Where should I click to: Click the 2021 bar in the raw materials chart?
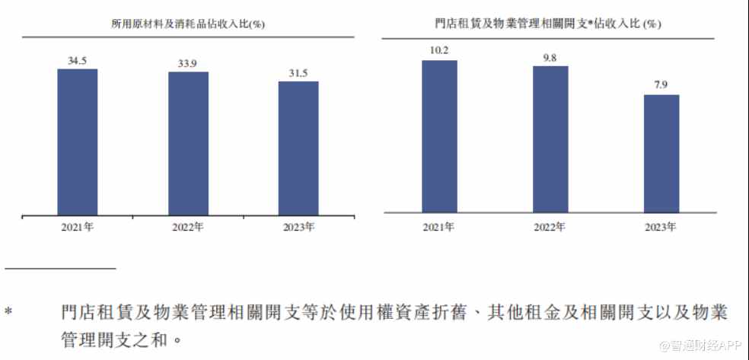click(x=77, y=142)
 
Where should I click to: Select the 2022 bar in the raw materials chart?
click(x=188, y=143)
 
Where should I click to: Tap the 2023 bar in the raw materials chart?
click(x=298, y=148)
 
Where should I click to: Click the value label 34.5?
click(x=77, y=59)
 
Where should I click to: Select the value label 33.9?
click(x=188, y=63)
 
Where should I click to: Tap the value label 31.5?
click(x=298, y=72)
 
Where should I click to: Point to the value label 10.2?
click(x=439, y=51)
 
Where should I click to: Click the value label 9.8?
click(x=550, y=57)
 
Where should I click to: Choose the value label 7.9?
click(x=661, y=85)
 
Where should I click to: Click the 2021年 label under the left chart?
click(x=77, y=227)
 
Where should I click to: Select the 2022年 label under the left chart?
click(x=188, y=227)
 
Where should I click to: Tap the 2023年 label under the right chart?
click(x=661, y=227)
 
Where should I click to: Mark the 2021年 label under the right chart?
click(x=439, y=227)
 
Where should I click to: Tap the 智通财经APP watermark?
click(x=701, y=346)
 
